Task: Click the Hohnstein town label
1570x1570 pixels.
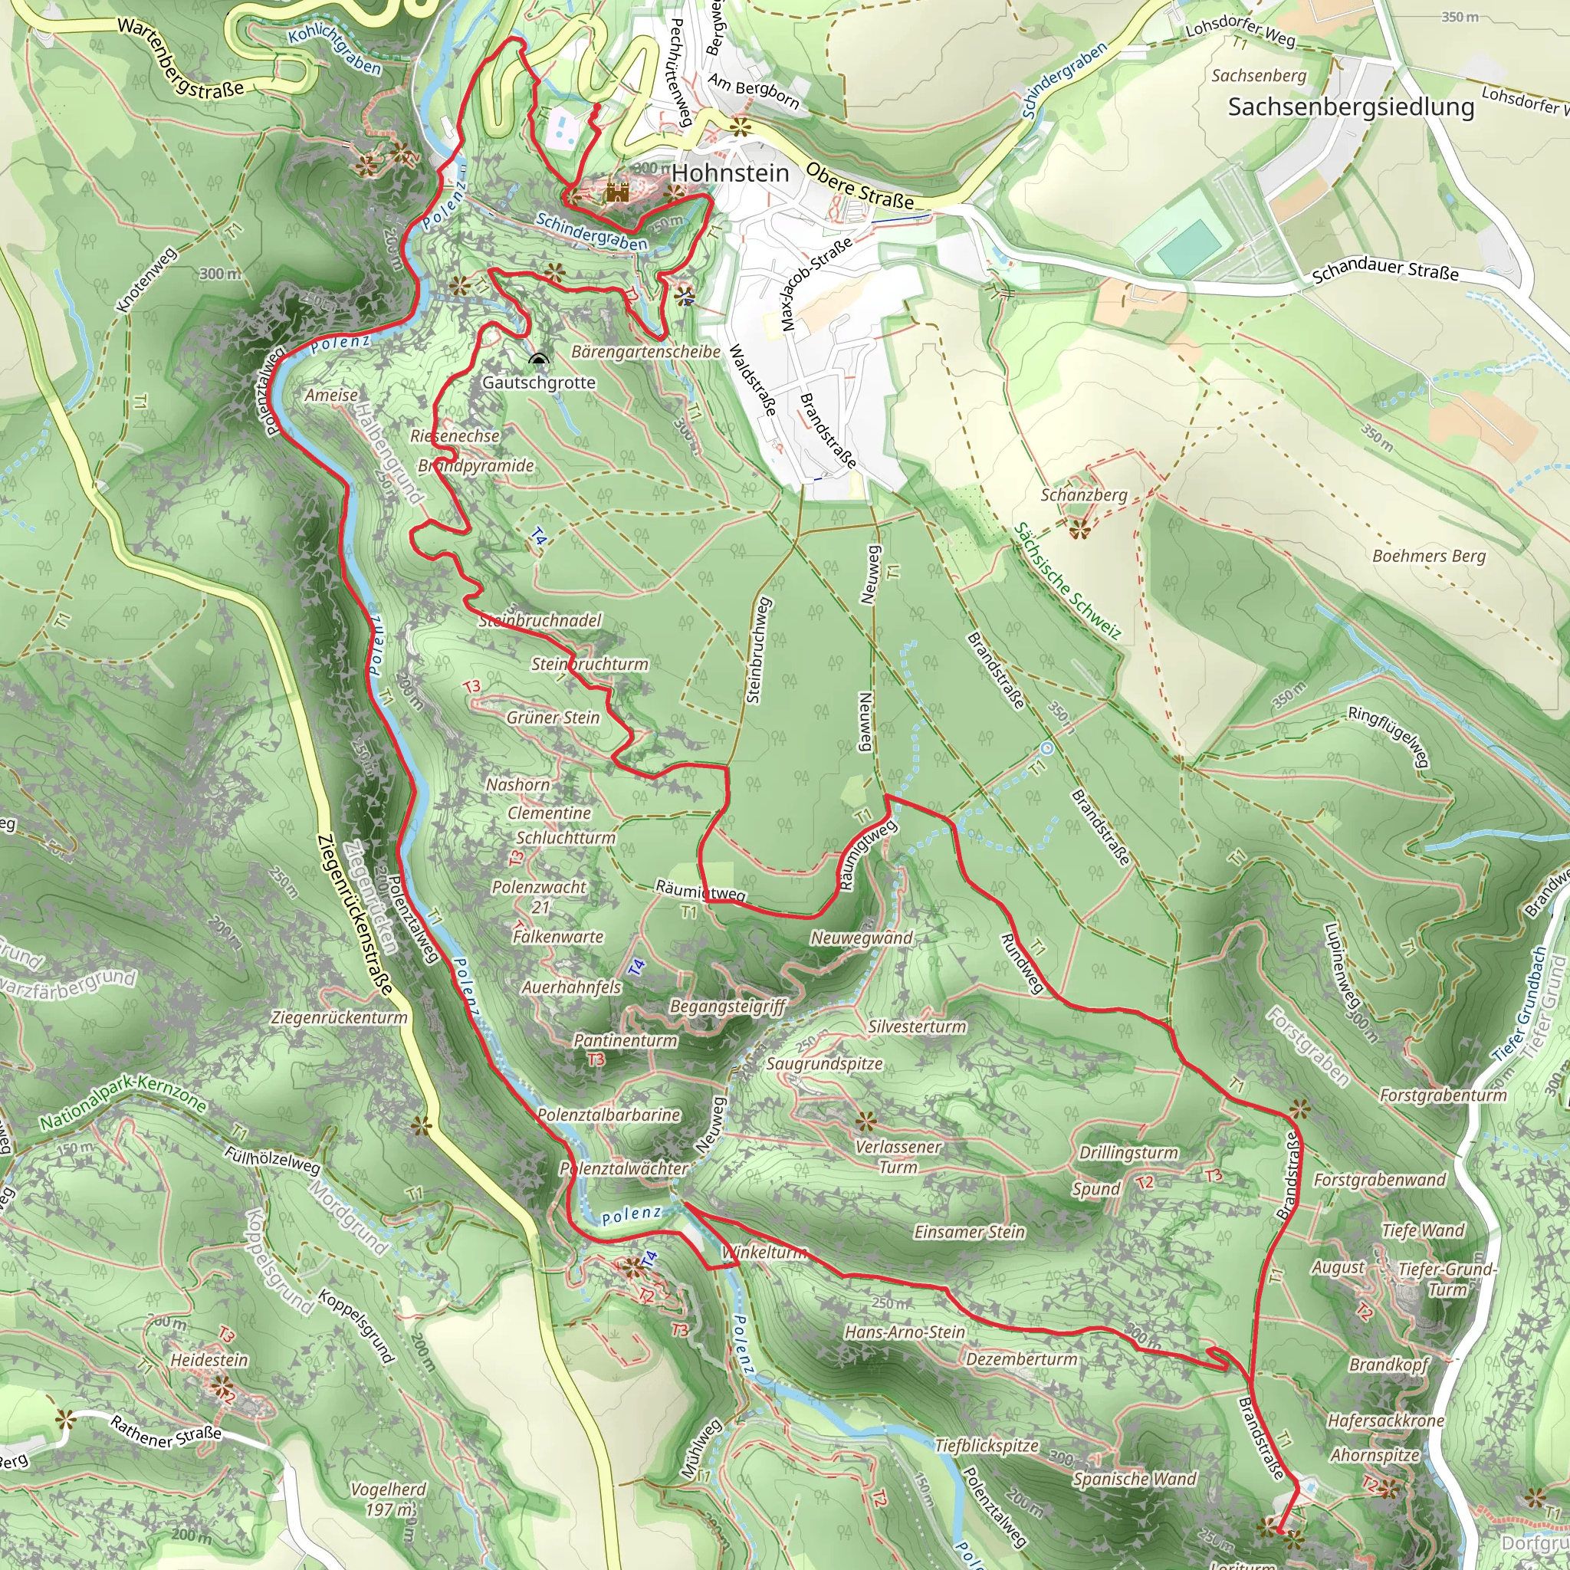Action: pos(730,173)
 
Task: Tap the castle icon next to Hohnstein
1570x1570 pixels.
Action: pos(618,192)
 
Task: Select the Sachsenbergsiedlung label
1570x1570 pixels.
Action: pos(1351,107)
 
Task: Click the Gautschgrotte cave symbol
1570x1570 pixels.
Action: pos(538,360)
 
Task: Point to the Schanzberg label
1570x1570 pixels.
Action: pos(1083,495)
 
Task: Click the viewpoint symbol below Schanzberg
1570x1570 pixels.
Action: pos(1079,530)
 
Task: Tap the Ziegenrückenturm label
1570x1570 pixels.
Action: pos(339,1017)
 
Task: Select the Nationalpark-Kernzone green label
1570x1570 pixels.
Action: pos(123,1102)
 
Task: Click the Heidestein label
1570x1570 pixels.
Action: pos(209,1358)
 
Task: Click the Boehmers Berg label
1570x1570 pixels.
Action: pos(1429,556)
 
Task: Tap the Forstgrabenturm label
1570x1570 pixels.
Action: pos(1444,1095)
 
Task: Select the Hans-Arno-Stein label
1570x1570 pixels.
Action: pos(905,1332)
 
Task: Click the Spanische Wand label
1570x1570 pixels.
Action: pos(1135,1479)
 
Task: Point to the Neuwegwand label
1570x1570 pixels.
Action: pos(862,938)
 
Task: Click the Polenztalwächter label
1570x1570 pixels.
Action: pos(623,1168)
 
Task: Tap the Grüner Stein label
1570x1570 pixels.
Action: pos(553,718)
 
